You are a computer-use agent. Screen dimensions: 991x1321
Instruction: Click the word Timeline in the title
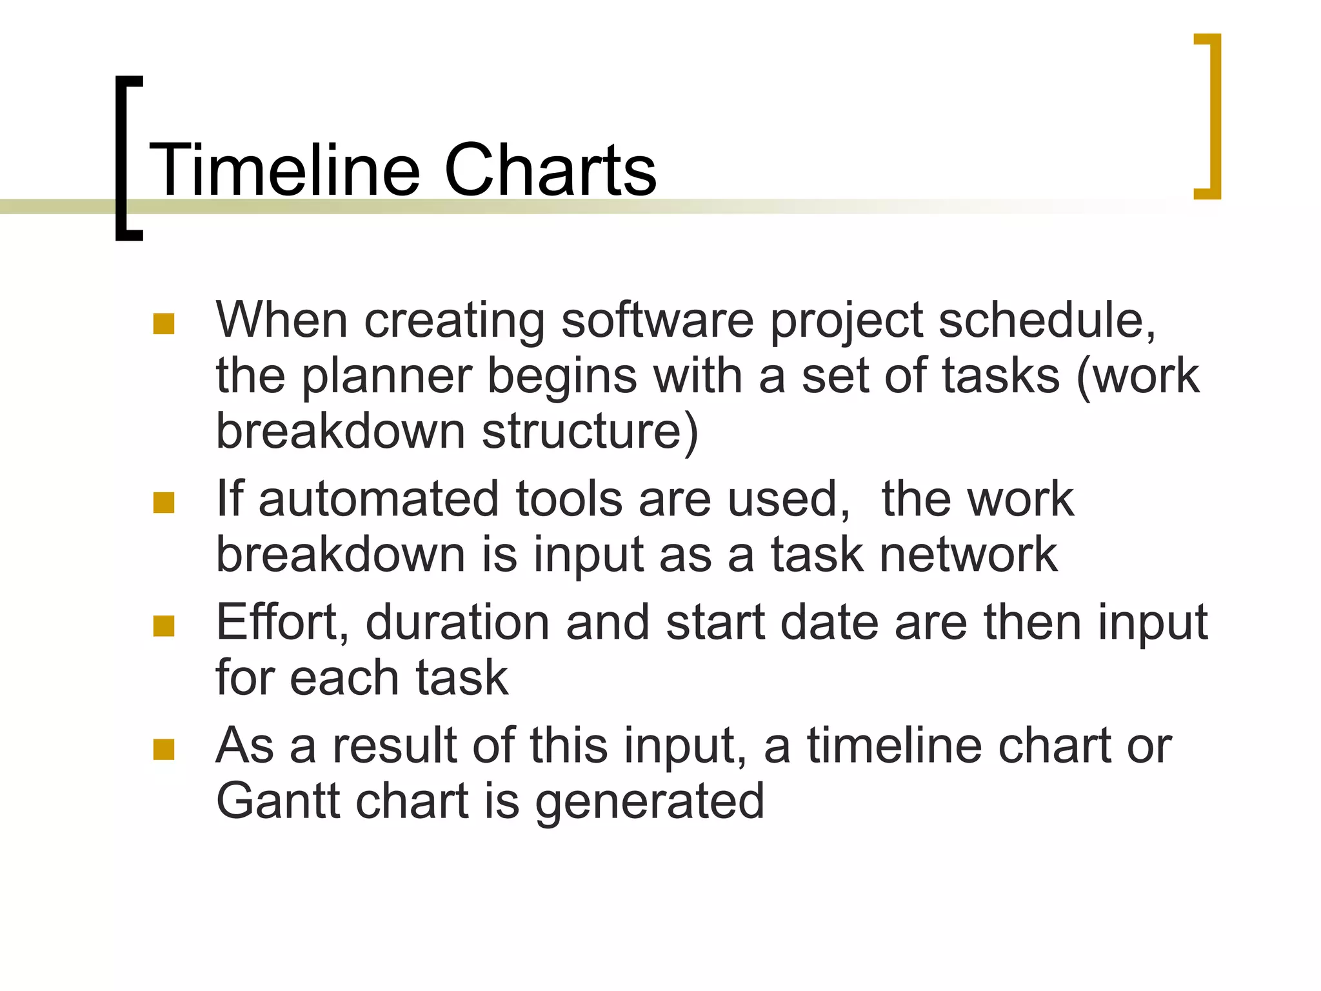(x=284, y=170)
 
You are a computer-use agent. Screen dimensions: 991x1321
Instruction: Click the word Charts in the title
(x=550, y=170)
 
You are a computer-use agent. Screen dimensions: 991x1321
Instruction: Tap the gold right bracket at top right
(x=1215, y=116)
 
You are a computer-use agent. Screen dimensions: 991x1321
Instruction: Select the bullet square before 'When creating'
(x=164, y=324)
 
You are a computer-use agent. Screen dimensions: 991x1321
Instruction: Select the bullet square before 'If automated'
(x=164, y=503)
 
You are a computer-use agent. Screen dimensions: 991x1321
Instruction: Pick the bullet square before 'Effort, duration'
(x=164, y=626)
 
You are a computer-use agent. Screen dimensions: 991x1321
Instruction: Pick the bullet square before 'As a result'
(x=164, y=749)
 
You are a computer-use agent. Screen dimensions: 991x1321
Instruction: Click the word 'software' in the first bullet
(x=657, y=321)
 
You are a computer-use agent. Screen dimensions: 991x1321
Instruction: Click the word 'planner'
(x=386, y=377)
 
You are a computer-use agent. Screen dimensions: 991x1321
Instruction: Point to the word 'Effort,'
(x=282, y=623)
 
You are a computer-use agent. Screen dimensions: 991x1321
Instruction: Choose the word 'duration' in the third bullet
(x=457, y=623)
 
